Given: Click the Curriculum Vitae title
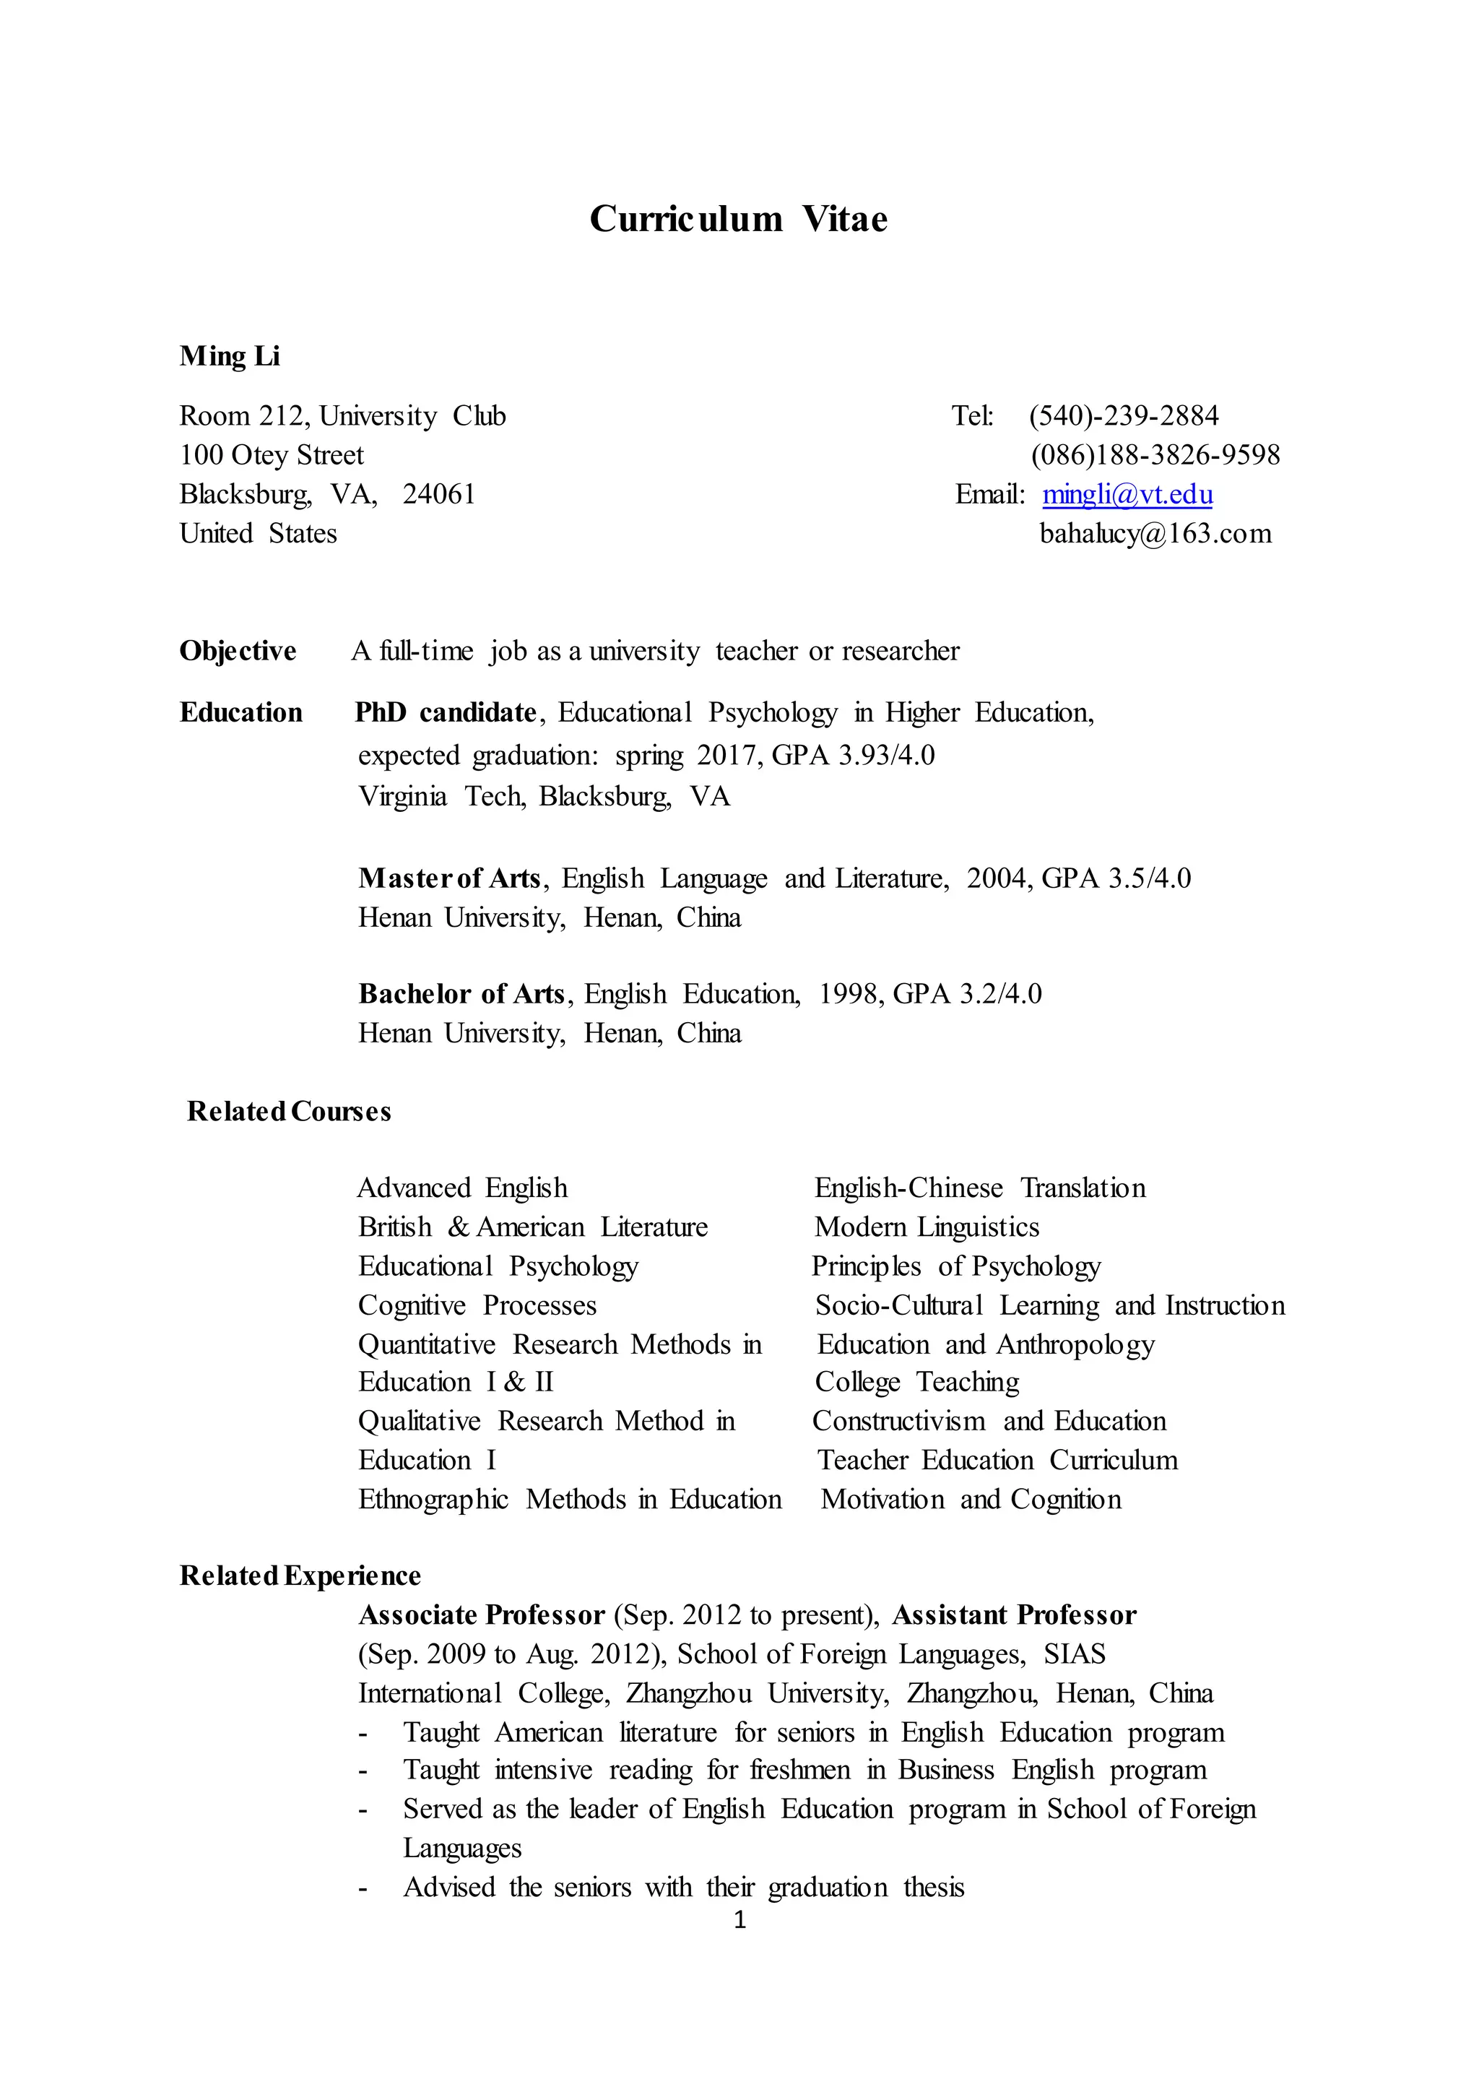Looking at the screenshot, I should point(739,220).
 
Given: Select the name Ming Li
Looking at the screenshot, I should point(230,356).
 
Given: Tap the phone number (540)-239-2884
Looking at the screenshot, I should point(1124,416).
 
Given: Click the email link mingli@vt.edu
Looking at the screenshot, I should point(1127,495).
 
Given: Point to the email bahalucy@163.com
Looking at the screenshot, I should point(1155,534).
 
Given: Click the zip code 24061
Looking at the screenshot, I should point(439,495).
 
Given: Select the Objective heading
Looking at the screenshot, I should point(238,652).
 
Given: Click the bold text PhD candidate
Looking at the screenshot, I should point(446,712).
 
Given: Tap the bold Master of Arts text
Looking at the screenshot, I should point(450,878).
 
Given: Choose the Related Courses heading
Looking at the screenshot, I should point(289,1112).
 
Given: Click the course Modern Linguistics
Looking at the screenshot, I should point(927,1227).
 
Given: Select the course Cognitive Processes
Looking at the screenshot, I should point(477,1305).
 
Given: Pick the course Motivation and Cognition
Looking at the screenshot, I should point(971,1500).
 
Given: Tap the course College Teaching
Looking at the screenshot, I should point(917,1382).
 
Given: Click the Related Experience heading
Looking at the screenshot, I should point(300,1576).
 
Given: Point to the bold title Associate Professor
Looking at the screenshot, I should point(482,1615).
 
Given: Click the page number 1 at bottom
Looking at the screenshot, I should point(739,1920).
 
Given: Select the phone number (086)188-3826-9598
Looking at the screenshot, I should point(1155,456).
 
